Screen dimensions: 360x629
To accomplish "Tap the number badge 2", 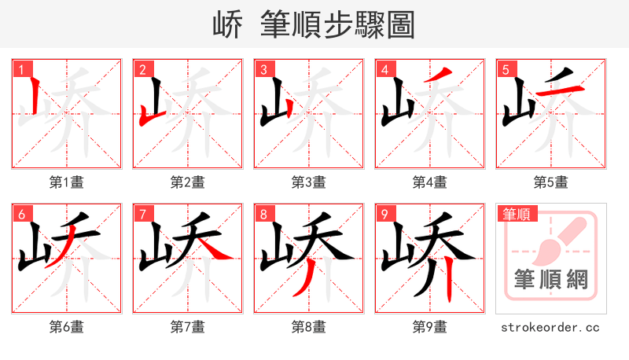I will point(142,69).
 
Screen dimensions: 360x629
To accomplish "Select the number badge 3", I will point(263,69).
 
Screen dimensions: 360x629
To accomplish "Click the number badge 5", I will point(505,69).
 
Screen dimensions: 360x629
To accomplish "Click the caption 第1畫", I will point(66,182).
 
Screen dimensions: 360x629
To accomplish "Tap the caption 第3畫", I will point(308,182).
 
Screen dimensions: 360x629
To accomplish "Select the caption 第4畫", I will point(429,182).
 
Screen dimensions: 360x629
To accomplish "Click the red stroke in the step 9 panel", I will point(447,284).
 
